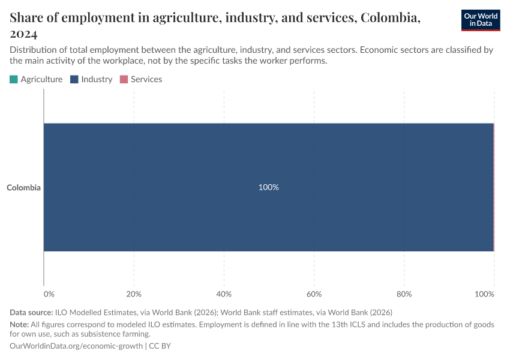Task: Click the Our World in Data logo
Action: click(480, 20)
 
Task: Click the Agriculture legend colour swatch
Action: click(14, 79)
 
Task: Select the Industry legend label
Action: click(97, 79)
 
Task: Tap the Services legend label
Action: click(146, 79)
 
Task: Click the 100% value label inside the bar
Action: click(268, 187)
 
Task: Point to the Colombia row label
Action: click(23, 188)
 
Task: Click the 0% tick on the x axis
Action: click(49, 294)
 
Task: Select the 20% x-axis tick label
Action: click(134, 294)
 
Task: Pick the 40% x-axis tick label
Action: click(224, 294)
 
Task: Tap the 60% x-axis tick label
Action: click(314, 294)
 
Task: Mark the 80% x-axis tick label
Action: click(404, 294)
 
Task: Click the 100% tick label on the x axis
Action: click(484, 294)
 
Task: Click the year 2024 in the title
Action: click(24, 34)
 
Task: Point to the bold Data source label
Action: click(31, 312)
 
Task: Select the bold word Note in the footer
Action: click(20, 324)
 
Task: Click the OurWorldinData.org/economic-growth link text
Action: click(76, 346)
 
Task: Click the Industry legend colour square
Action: click(74, 79)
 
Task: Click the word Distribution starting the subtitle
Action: click(34, 50)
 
